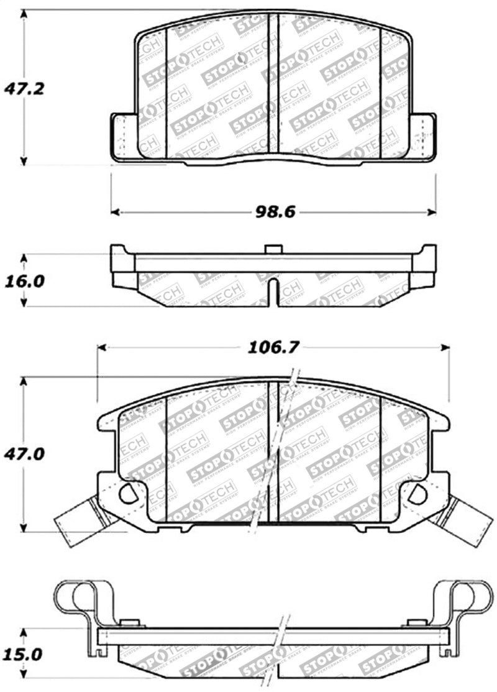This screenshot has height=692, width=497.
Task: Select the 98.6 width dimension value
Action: [273, 212]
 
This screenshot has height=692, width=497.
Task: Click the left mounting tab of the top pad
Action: [122, 136]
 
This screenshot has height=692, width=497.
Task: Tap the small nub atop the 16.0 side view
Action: [273, 249]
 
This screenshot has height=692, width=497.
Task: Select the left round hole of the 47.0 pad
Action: [128, 494]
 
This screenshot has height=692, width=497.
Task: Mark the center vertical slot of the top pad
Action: [273, 84]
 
